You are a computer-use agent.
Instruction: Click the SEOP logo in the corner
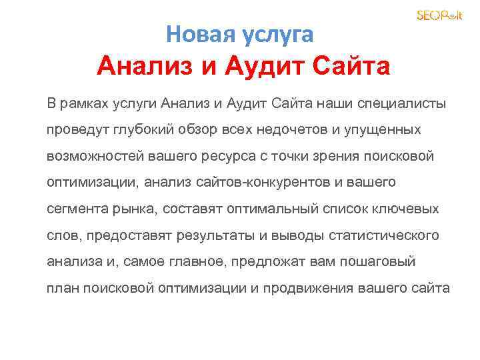point(439,15)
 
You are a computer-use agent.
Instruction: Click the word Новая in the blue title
point(194,33)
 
